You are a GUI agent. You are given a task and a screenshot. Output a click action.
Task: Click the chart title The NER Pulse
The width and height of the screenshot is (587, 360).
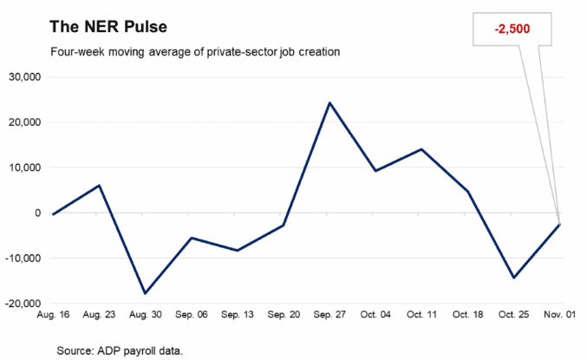108,27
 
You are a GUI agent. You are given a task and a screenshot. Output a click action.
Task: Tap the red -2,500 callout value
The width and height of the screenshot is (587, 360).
512,29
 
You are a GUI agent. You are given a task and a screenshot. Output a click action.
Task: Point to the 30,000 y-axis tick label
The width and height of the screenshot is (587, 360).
25,77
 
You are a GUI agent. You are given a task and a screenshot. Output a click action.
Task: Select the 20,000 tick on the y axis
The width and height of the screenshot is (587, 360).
25,122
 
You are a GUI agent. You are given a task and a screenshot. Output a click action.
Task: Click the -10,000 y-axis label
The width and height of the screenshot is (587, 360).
23,259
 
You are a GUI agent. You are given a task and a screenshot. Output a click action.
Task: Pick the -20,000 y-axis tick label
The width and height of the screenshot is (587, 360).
23,304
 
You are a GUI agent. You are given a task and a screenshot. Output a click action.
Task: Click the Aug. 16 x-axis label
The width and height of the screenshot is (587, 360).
53,315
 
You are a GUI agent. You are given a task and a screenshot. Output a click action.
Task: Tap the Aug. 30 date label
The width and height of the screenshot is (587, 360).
146,315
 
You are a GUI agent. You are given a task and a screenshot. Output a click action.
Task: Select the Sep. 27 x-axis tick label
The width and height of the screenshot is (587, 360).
329,315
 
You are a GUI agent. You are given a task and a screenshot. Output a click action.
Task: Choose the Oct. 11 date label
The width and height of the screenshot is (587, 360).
422,315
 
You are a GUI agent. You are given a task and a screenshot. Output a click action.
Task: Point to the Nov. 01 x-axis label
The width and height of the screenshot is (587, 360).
559,315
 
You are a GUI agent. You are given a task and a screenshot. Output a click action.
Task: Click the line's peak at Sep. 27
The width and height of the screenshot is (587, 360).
329,102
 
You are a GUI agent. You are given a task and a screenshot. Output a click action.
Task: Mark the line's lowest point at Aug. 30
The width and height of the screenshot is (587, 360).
145,293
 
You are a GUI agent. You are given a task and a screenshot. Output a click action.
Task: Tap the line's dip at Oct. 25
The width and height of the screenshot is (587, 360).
513,278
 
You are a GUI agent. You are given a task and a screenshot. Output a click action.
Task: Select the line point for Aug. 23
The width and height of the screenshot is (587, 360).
99,185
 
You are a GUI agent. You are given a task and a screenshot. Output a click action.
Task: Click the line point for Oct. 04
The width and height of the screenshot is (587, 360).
375,171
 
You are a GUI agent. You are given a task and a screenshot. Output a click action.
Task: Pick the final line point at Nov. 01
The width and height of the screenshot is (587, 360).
559,225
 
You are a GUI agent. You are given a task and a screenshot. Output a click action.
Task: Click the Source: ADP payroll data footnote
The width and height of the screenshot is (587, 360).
120,351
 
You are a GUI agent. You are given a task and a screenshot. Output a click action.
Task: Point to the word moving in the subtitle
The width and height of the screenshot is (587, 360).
127,52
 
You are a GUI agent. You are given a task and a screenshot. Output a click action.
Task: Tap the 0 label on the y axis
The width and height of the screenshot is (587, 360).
37,213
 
